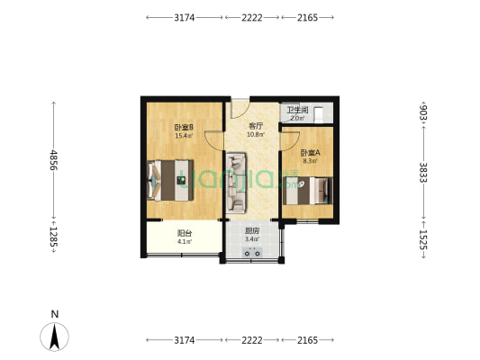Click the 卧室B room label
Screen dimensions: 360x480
point(184,127)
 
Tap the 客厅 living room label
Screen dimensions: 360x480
point(256,127)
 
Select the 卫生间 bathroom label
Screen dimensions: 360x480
point(295,110)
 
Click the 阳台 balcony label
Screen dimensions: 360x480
point(183,232)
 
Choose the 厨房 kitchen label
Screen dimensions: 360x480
point(252,230)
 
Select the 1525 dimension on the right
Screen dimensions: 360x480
point(423,239)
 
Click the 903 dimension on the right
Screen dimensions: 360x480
point(423,112)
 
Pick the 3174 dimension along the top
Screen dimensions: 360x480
point(184,17)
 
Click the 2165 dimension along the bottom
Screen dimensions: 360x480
point(309,340)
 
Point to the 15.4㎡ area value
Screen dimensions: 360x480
point(184,136)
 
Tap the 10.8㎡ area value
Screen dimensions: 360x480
point(256,136)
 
